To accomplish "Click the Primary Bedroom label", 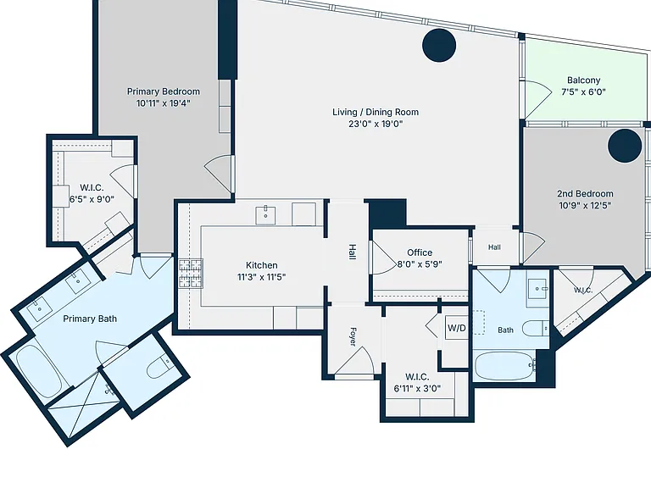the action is pyautogui.click(x=163, y=91).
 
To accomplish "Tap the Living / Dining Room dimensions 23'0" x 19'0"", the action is pyautogui.click(x=376, y=124).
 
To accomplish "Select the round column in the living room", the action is pyautogui.click(x=439, y=45).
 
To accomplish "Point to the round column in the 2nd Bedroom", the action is pyautogui.click(x=625, y=146).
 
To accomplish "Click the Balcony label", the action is pyautogui.click(x=583, y=80).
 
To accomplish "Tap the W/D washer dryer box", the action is pyautogui.click(x=457, y=328).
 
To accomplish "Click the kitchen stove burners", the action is pyautogui.click(x=191, y=273).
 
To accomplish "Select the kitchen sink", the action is pyautogui.click(x=265, y=215).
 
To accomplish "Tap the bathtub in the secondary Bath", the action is pyautogui.click(x=504, y=367).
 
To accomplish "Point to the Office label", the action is pyautogui.click(x=420, y=252).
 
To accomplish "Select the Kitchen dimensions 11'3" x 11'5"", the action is pyautogui.click(x=262, y=277).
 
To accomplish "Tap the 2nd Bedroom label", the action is pyautogui.click(x=585, y=194).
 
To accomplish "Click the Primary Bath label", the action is pyautogui.click(x=90, y=319).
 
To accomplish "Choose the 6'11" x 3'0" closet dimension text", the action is pyautogui.click(x=417, y=388).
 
